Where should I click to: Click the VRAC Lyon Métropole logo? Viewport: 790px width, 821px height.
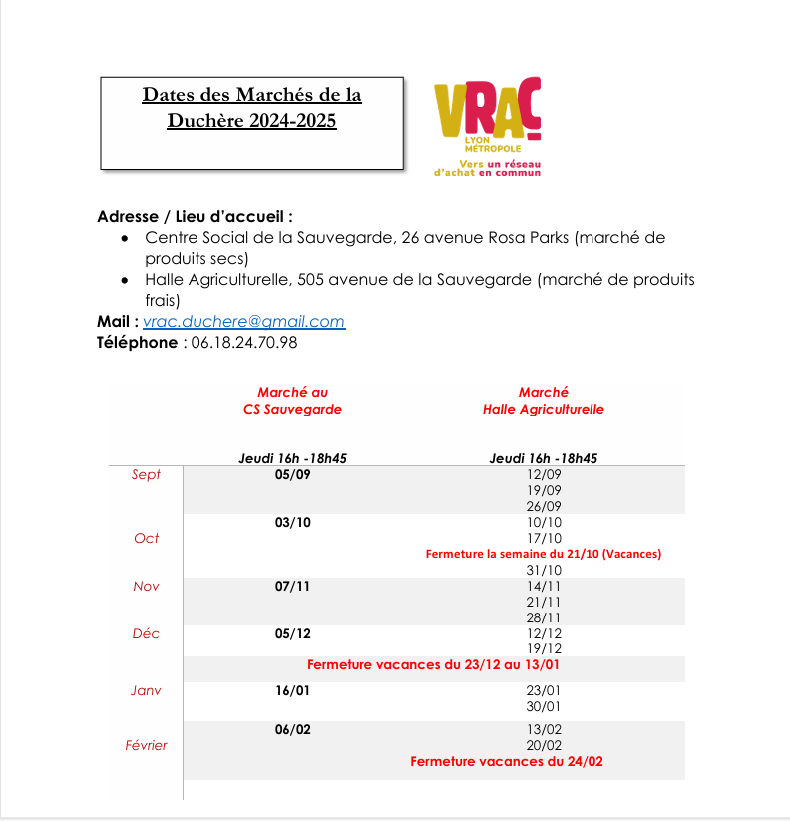click(x=487, y=127)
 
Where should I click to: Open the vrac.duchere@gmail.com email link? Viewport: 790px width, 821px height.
click(x=243, y=322)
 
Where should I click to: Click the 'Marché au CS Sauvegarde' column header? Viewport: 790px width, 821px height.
click(x=292, y=401)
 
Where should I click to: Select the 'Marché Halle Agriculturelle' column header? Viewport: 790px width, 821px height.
click(x=544, y=401)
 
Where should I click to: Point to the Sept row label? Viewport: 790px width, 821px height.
click(x=146, y=474)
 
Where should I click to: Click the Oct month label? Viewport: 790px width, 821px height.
click(x=146, y=538)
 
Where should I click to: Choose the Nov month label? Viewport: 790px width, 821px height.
click(x=146, y=586)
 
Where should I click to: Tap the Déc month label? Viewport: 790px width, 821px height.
click(x=146, y=633)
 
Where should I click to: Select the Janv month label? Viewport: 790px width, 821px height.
click(x=146, y=690)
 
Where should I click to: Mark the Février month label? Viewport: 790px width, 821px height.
click(x=146, y=745)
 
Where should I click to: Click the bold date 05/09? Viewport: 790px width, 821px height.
click(x=292, y=474)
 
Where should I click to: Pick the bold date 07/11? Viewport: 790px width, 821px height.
click(x=292, y=586)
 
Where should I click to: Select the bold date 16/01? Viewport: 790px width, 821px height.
click(x=292, y=690)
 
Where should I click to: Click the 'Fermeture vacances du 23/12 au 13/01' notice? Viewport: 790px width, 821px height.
click(x=439, y=664)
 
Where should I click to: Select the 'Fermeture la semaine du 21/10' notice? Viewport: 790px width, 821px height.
click(x=544, y=554)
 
